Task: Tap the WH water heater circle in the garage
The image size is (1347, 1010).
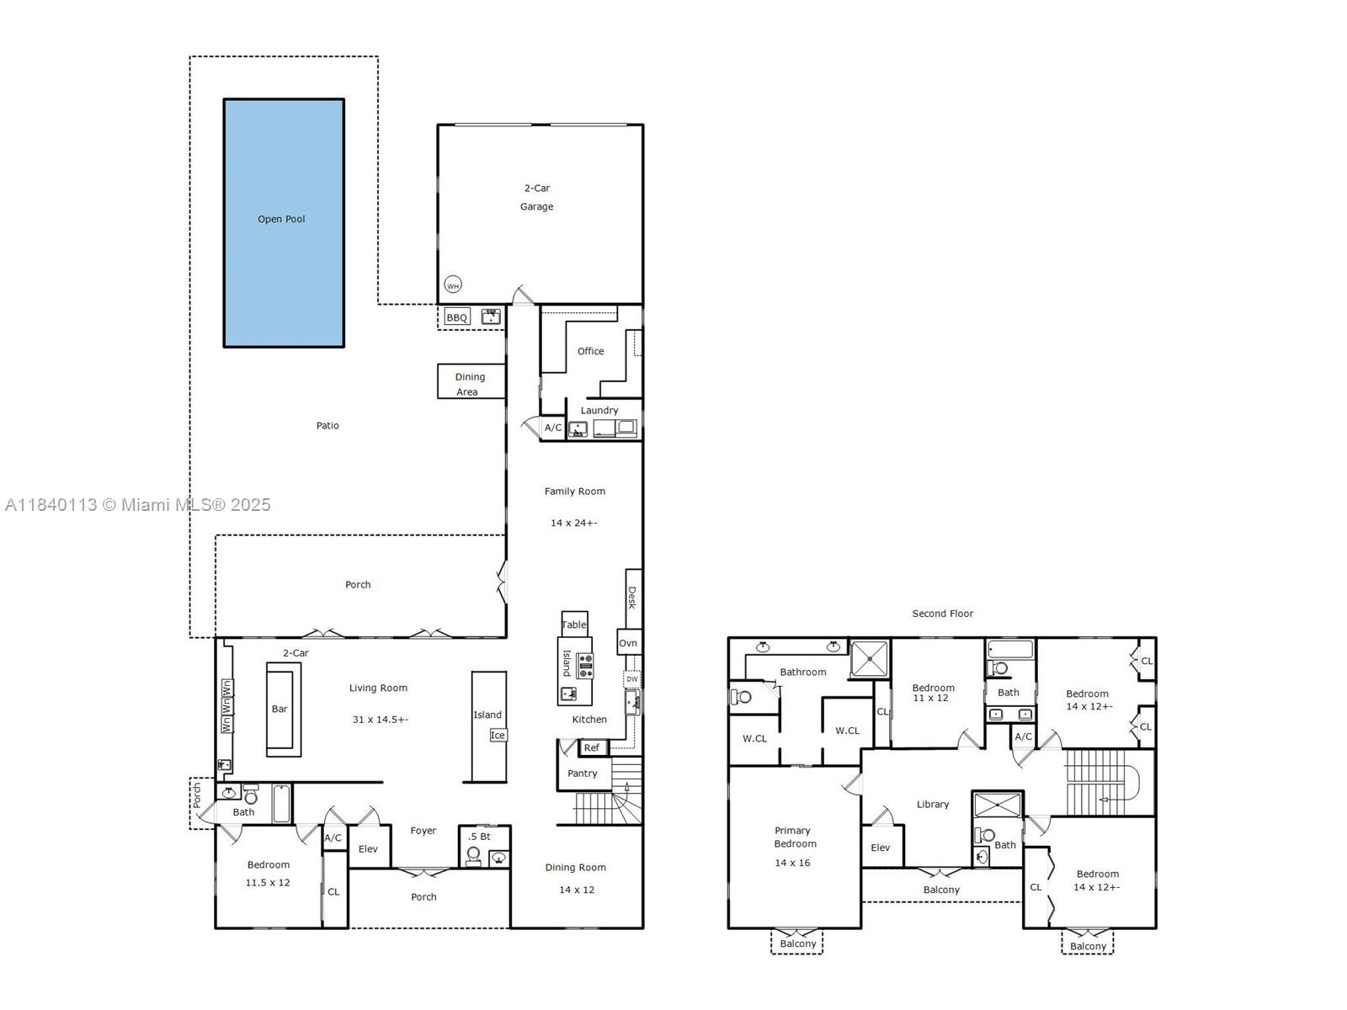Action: [x=453, y=285]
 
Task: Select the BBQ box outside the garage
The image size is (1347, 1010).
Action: [x=457, y=317]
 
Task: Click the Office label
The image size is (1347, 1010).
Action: [x=590, y=351]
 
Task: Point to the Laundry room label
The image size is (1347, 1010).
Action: [x=599, y=410]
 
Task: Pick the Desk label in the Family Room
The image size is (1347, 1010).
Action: [x=632, y=598]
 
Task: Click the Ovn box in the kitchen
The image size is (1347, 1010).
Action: [x=628, y=643]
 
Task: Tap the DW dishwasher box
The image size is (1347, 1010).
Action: [x=632, y=678]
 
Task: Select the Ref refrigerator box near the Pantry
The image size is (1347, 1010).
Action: [x=592, y=747]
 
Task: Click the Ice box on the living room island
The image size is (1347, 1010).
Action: [x=498, y=735]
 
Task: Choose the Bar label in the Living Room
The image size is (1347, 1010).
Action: [x=280, y=709]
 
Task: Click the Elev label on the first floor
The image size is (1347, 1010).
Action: [x=368, y=848]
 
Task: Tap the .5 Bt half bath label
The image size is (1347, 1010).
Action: [x=479, y=836]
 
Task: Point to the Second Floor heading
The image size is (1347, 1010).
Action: [x=942, y=614]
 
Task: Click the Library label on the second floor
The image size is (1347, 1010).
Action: [x=933, y=804]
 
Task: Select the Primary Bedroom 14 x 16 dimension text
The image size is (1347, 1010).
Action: [x=792, y=863]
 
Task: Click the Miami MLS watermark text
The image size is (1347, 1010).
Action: [x=138, y=505]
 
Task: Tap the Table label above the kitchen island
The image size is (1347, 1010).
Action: [x=574, y=625]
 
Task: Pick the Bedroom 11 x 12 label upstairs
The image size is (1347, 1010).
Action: [x=933, y=693]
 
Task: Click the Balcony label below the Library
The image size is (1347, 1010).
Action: [x=941, y=890]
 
